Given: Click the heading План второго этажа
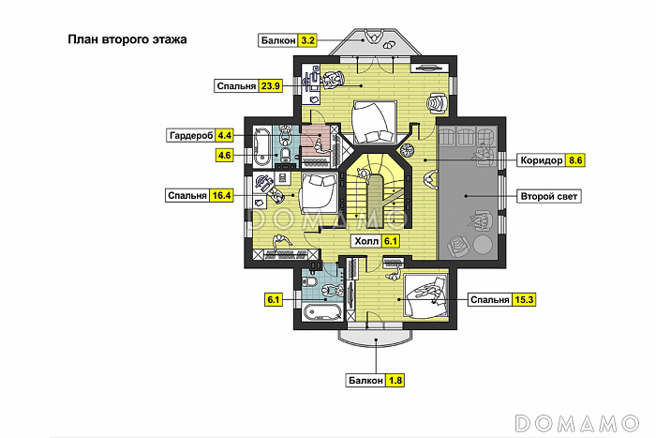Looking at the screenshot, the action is [x=127, y=39].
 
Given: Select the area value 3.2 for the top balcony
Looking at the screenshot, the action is [x=307, y=40].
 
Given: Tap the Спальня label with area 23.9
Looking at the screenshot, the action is [x=236, y=86].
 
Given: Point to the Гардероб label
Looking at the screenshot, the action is [x=191, y=136].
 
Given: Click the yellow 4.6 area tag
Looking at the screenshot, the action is [x=225, y=156].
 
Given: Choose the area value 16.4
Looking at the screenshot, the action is [x=222, y=195].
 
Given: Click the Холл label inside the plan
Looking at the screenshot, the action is [x=366, y=241].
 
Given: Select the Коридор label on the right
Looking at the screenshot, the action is [x=542, y=160].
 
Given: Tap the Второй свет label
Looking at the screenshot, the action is [x=549, y=196].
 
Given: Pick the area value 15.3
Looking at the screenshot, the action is [x=524, y=300].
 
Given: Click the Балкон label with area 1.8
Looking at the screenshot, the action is [x=365, y=381].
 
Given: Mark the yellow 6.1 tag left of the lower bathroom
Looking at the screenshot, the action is [x=274, y=300].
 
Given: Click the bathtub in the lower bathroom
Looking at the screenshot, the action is [x=322, y=312].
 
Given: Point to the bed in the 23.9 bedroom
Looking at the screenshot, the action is [x=375, y=121].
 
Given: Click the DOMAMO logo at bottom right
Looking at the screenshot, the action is [x=576, y=423].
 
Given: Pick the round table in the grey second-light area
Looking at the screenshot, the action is [x=483, y=245].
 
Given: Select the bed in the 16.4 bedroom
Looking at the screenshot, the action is [x=319, y=193].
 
